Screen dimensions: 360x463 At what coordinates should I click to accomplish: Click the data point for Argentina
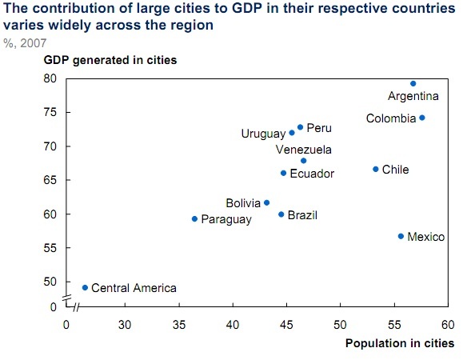[413, 83]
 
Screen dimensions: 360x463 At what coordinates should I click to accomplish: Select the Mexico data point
[401, 236]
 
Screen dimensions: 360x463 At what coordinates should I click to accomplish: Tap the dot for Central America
[85, 287]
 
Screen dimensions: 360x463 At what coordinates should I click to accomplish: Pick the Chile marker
[376, 169]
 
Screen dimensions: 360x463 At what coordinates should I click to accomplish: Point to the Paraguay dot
[194, 218]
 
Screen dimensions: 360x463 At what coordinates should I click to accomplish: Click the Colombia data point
[422, 118]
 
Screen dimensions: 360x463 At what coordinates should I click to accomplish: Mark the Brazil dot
[281, 214]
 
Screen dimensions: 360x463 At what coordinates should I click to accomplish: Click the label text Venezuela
[303, 149]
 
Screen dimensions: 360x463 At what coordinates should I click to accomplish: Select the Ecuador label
[312, 174]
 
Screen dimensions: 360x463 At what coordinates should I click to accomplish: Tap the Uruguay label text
[263, 134]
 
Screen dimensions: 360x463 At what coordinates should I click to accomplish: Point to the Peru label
[319, 128]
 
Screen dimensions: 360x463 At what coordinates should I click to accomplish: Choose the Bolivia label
[243, 203]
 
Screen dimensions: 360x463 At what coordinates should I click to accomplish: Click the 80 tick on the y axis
[50, 78]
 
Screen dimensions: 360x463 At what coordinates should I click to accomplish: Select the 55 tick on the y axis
[50, 248]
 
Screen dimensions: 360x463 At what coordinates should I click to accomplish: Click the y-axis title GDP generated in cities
[110, 60]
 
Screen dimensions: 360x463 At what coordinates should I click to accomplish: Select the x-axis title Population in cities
[400, 342]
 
